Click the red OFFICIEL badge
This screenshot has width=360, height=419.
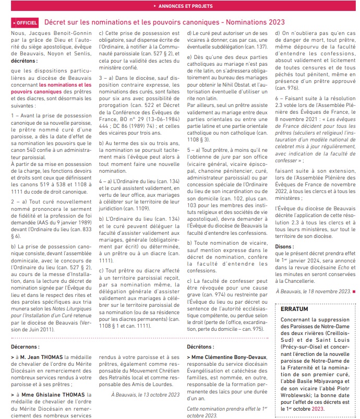point(25,23)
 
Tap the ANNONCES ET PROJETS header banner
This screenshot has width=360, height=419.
point(180,6)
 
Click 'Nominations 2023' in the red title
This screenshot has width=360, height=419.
point(255,22)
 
